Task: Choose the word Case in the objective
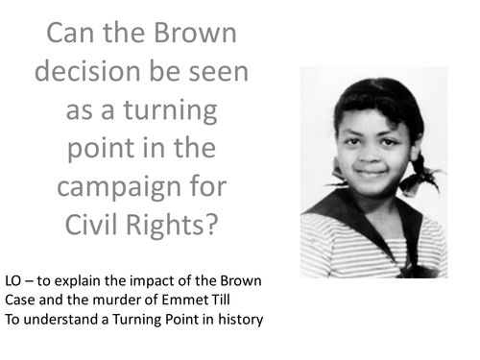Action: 21,300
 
